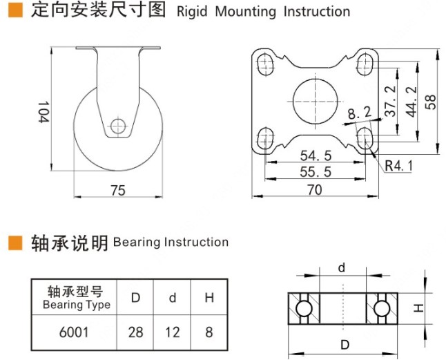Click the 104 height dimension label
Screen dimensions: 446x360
43,112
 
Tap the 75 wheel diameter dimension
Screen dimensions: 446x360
118,190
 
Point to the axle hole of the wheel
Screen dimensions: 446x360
118,126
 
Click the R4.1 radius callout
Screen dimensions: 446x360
398,165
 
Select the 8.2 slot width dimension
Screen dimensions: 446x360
360,113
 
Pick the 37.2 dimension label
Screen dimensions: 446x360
390,102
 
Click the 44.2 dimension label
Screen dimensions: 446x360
411,102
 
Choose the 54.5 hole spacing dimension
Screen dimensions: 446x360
316,155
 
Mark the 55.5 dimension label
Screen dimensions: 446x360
316,172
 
